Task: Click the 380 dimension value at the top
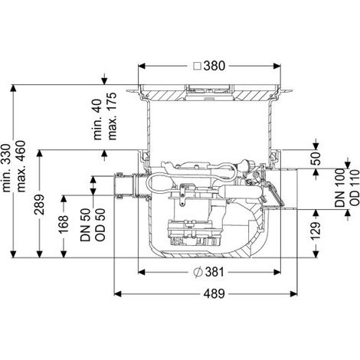(x=214, y=66)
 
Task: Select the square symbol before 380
(x=197, y=67)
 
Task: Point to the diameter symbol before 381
(x=198, y=273)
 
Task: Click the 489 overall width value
(x=214, y=294)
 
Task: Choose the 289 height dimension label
(x=40, y=205)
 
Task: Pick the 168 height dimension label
(x=64, y=224)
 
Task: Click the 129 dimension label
(x=316, y=231)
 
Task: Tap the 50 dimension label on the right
(x=316, y=159)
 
